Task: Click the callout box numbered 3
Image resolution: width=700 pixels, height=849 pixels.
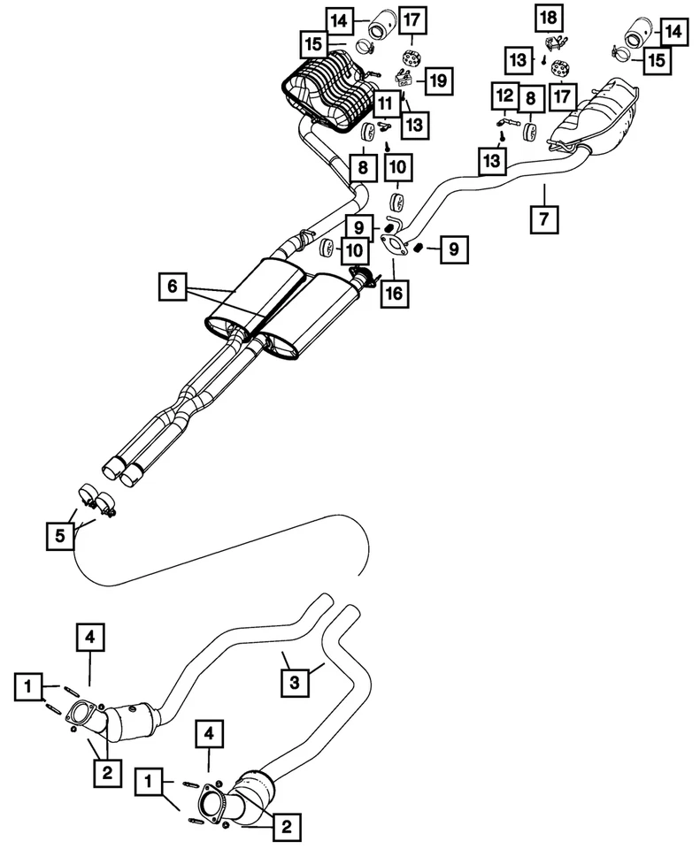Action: [295, 681]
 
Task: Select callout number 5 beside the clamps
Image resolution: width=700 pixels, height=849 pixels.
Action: [60, 534]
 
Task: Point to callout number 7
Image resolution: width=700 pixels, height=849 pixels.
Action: [543, 218]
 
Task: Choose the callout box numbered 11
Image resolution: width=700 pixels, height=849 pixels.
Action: [386, 103]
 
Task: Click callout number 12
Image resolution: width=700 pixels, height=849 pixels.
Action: [504, 95]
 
